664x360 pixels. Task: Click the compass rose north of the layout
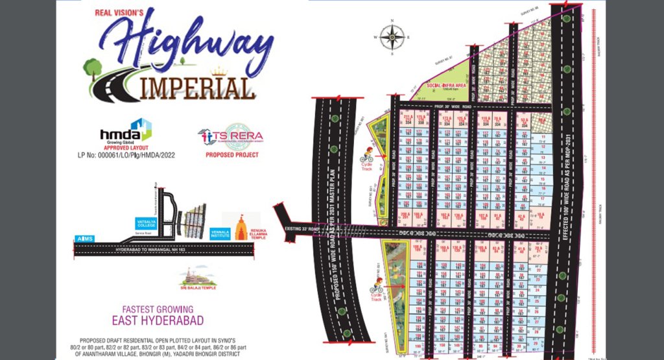tap(392, 37)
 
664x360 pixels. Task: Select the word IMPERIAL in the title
tap(195, 88)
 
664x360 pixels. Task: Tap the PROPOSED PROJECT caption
tap(231, 156)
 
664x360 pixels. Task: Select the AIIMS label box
tap(84, 238)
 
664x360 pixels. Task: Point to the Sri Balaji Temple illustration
tap(198, 277)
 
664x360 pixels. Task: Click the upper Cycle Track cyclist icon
tap(366, 155)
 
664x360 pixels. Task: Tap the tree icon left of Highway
tap(93, 67)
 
